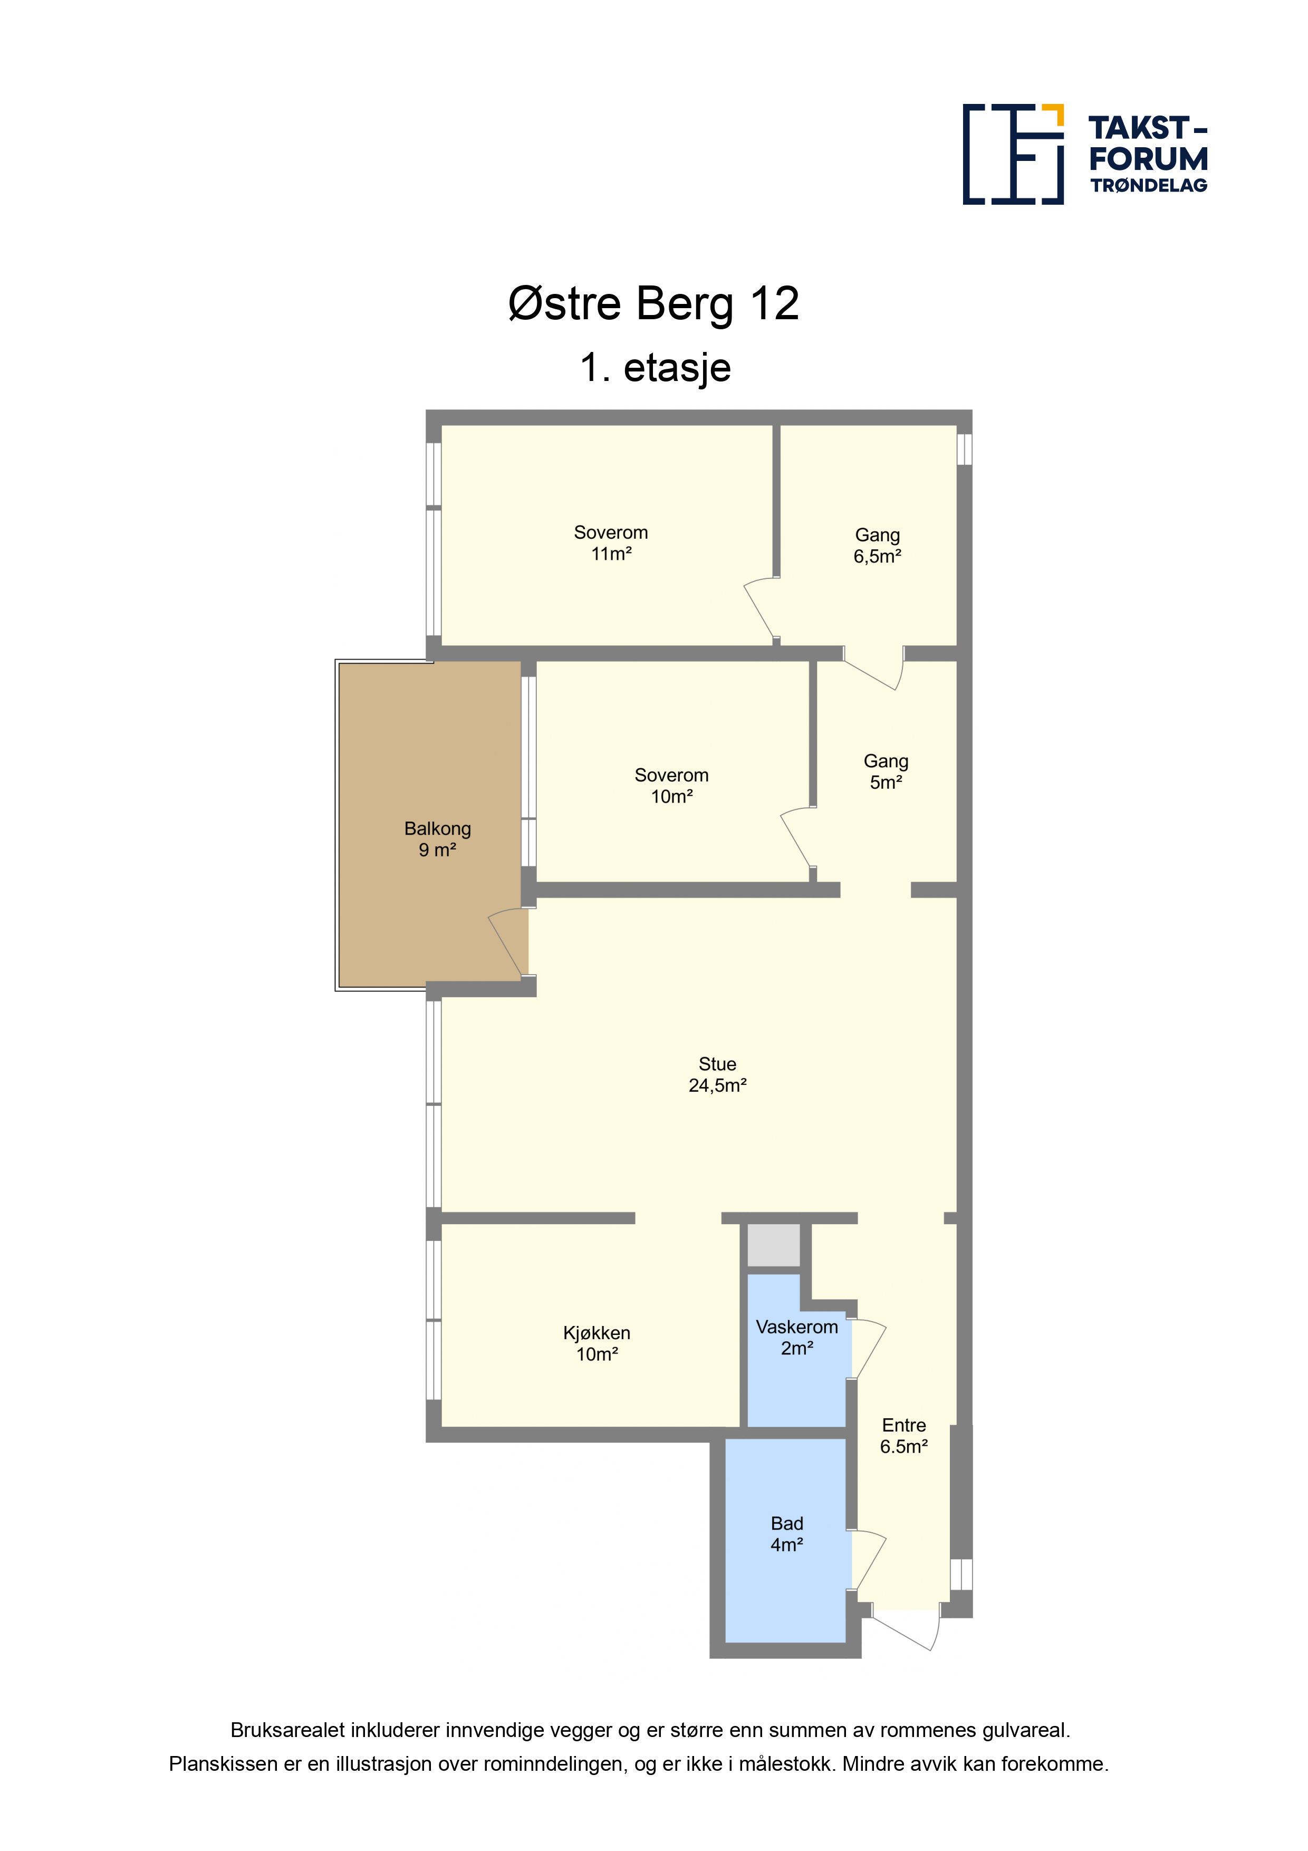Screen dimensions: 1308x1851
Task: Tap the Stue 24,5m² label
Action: click(717, 1075)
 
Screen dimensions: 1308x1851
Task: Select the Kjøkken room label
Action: click(597, 1344)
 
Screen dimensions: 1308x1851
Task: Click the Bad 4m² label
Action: click(786, 1534)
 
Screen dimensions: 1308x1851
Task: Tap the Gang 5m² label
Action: click(886, 771)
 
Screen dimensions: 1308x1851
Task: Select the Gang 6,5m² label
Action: click(877, 546)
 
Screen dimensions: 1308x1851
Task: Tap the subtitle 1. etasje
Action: click(655, 368)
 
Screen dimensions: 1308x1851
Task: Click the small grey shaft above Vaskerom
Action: click(773, 1246)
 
